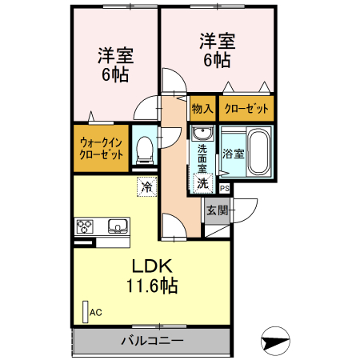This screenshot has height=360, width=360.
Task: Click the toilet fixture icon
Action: pyautogui.click(x=145, y=147)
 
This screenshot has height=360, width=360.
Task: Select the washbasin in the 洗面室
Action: pyautogui.click(x=202, y=134)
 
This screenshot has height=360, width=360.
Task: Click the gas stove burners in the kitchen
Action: pyautogui.click(x=85, y=226)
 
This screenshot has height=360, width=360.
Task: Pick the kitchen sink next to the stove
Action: pyautogui.click(x=117, y=226)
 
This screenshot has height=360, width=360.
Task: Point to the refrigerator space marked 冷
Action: pyautogui.click(x=146, y=187)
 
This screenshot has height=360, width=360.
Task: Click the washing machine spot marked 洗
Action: pyautogui.click(x=202, y=183)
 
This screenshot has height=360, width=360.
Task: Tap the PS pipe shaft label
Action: pyautogui.click(x=224, y=189)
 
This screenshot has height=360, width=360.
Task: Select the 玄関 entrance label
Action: pyautogui.click(x=217, y=211)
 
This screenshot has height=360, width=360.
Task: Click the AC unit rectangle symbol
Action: pyautogui.click(x=85, y=310)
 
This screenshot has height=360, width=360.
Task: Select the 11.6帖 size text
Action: pyautogui.click(x=151, y=286)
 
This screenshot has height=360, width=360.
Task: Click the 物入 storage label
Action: pyautogui.click(x=202, y=108)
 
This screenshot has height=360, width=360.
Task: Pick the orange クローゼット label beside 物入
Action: pyautogui.click(x=246, y=108)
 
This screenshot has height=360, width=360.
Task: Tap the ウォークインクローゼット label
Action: pyautogui.click(x=101, y=149)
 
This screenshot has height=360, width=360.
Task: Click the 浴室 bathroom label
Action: pyautogui.click(x=234, y=153)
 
